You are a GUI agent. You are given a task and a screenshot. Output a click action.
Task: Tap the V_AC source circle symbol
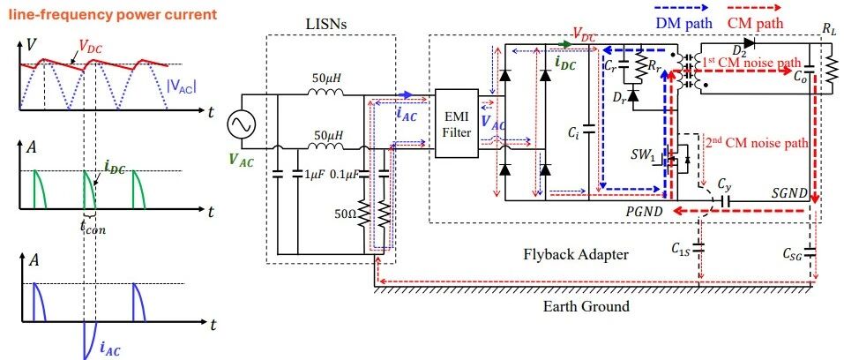(x=238, y=124)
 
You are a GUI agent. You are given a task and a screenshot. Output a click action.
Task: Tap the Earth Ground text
(x=586, y=306)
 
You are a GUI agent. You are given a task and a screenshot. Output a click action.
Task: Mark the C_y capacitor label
(x=725, y=185)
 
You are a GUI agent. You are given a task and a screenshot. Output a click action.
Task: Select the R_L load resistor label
(x=828, y=29)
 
